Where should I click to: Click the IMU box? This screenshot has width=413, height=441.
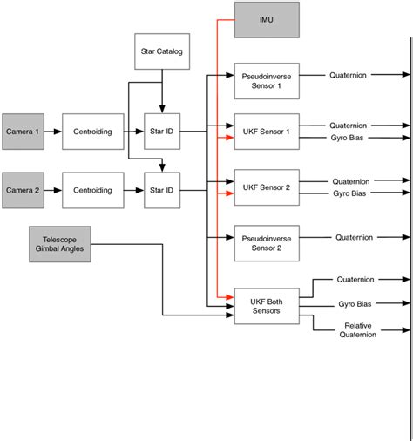click(266, 19)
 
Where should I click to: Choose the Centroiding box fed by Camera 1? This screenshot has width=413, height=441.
click(92, 131)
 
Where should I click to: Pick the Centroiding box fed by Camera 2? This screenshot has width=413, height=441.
click(92, 189)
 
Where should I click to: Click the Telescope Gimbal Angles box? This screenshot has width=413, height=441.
click(59, 244)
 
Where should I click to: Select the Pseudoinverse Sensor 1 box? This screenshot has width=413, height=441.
click(266, 81)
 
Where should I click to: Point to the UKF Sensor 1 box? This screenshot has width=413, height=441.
click(266, 131)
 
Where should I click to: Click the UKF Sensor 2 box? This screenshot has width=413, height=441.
click(266, 186)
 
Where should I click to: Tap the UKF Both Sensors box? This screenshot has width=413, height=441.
click(266, 305)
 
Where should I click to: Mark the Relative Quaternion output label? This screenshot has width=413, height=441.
click(356, 329)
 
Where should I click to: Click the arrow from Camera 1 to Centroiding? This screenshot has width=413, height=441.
click(51, 131)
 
